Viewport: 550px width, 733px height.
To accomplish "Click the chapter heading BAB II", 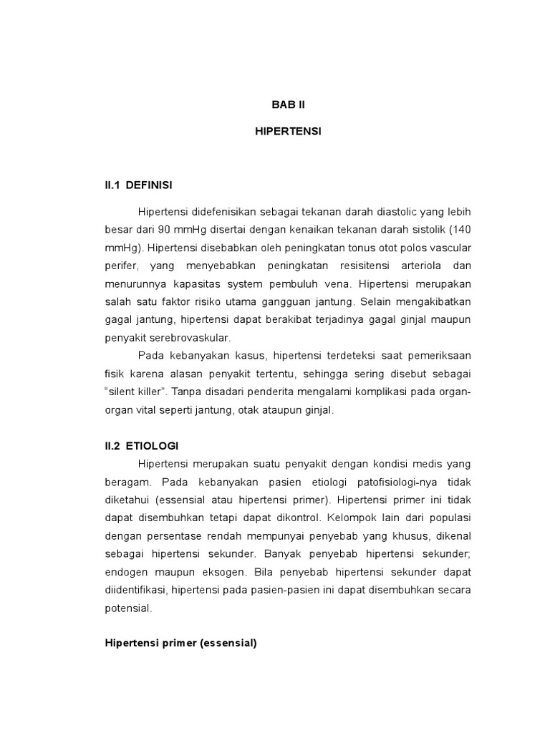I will click(288, 105).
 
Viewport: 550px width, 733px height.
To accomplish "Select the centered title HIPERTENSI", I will click(288, 133).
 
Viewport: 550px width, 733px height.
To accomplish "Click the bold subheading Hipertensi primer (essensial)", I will click(180, 644).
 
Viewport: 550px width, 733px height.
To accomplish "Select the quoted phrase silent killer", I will click(135, 393).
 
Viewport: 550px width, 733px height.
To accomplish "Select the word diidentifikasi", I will click(135, 590).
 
